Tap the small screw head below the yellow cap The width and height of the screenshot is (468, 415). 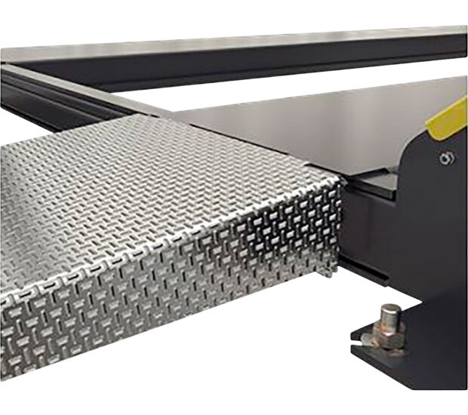coord(447,158)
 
